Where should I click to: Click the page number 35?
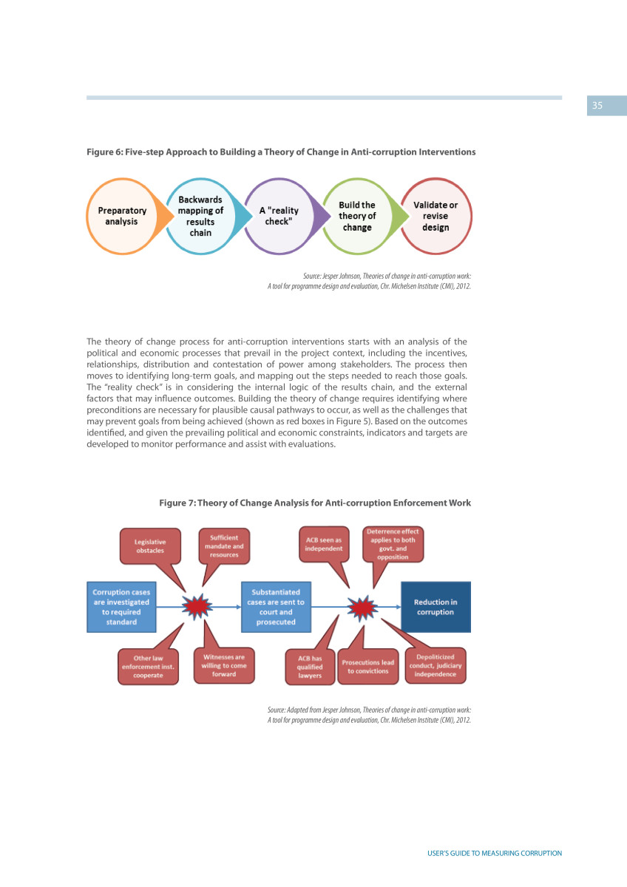click(x=597, y=105)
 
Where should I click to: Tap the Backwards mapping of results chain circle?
click(x=200, y=216)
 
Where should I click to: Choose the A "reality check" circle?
click(x=279, y=216)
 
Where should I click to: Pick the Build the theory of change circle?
click(x=357, y=216)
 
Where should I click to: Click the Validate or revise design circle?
click(x=435, y=216)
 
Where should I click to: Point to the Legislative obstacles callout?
click(x=151, y=546)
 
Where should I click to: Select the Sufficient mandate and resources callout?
click(x=224, y=546)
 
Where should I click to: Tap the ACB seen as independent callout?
click(x=324, y=545)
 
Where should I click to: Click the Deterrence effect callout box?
click(x=393, y=545)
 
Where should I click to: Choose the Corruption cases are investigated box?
click(x=121, y=607)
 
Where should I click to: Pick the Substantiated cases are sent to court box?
click(x=276, y=607)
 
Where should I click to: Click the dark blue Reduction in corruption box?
click(x=435, y=607)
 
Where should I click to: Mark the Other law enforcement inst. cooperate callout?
click(x=148, y=667)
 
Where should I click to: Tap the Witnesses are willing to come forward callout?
click(x=224, y=666)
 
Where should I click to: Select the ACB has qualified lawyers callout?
click(x=310, y=667)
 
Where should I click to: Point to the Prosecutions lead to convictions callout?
click(x=368, y=667)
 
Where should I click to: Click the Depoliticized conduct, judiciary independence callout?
click(x=435, y=666)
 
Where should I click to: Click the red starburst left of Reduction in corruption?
click(x=362, y=607)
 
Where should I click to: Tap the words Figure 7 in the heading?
click(x=177, y=503)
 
